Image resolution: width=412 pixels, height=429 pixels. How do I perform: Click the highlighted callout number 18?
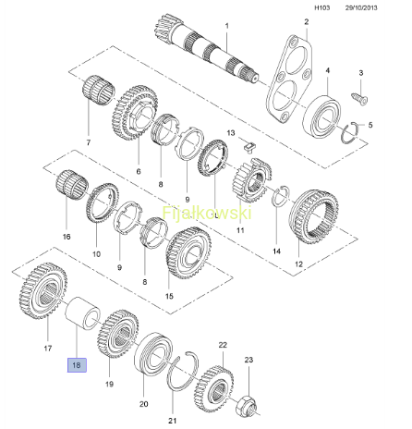tap(77, 365)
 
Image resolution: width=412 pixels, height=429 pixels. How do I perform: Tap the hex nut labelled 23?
tap(246, 406)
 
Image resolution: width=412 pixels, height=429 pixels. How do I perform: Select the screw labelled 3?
tap(359, 98)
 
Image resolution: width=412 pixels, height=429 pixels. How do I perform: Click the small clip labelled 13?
tap(249, 146)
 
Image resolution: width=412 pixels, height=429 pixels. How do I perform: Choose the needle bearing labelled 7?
tap(99, 90)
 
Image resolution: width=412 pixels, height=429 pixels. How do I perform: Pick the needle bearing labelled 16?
tap(72, 185)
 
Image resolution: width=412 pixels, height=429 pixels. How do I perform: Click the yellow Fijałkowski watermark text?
tap(207, 213)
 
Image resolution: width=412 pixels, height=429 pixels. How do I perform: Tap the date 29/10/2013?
tap(361, 7)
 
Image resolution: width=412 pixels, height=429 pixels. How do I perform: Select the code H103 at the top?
tap(321, 7)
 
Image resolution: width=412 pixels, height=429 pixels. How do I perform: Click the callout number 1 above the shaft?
tap(227, 26)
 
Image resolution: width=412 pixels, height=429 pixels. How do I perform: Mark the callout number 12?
tap(298, 264)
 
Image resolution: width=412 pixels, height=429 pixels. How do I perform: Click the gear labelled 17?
tap(43, 290)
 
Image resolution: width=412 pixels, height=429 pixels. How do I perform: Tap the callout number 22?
tap(223, 345)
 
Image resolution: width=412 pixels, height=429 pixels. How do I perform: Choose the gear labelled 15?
tap(188, 253)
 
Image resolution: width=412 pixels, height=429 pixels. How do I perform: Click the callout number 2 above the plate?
tap(307, 21)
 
